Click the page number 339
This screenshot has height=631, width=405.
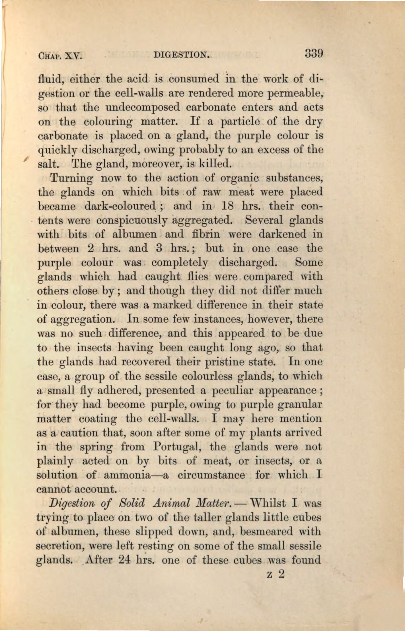[314, 53]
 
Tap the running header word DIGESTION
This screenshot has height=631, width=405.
[182, 54]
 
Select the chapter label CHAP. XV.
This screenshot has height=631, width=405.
[60, 55]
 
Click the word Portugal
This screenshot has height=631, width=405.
[178, 446]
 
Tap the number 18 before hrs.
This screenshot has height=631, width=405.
[227, 206]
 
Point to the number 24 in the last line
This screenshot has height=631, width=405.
[124, 560]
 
